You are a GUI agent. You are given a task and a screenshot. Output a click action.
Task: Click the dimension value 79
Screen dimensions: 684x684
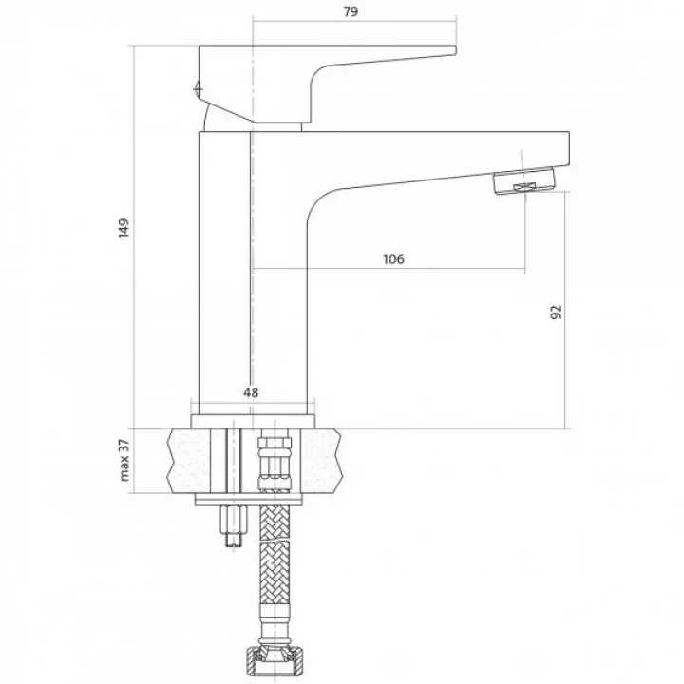click(x=351, y=11)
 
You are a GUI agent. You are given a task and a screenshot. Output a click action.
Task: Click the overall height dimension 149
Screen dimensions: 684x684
click(x=123, y=228)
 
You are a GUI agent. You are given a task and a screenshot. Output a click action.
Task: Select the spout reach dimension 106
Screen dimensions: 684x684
click(x=393, y=258)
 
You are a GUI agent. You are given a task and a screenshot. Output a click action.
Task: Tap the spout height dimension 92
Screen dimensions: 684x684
click(x=556, y=312)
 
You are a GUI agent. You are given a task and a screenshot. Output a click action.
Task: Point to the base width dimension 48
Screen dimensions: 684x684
click(x=251, y=392)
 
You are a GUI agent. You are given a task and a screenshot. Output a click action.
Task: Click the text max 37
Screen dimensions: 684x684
click(x=124, y=460)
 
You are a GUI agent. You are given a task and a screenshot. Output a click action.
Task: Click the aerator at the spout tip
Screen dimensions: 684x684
click(x=524, y=180)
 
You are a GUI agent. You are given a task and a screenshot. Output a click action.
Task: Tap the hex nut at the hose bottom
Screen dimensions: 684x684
click(x=275, y=661)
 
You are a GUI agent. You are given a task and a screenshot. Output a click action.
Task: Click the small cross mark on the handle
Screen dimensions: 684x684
click(x=199, y=89)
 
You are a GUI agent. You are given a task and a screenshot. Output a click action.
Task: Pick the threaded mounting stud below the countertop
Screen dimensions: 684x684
click(x=234, y=525)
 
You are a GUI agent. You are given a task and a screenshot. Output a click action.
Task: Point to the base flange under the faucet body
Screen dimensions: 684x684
click(x=253, y=421)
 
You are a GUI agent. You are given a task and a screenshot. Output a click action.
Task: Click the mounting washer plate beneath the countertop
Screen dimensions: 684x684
click(x=248, y=500)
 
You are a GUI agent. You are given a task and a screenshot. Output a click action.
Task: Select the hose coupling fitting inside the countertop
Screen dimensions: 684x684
click(x=275, y=462)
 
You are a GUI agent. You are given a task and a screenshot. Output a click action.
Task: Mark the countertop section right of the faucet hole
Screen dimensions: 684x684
click(x=321, y=461)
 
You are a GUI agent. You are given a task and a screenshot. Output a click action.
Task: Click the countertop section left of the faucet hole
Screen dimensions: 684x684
click(x=189, y=461)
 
